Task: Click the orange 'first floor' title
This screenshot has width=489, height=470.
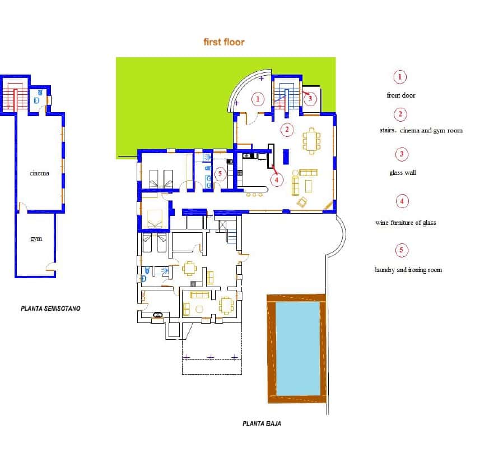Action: click(x=224, y=42)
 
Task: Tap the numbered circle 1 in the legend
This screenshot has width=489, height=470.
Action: click(x=400, y=77)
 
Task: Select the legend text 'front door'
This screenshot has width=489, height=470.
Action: click(x=400, y=95)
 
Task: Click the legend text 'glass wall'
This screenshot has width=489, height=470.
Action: click(x=402, y=173)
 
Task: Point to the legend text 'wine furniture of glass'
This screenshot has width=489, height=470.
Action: click(x=405, y=223)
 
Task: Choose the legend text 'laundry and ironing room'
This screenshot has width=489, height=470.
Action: click(x=408, y=270)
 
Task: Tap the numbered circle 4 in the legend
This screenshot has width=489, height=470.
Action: click(x=402, y=201)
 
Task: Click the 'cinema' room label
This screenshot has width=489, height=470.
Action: click(x=39, y=173)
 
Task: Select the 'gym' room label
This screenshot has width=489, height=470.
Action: click(x=36, y=239)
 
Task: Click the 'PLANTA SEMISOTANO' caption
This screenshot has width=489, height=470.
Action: click(x=50, y=308)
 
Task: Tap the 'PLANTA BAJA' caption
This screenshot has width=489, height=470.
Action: click(x=262, y=424)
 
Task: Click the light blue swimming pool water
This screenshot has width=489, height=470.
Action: click(x=298, y=348)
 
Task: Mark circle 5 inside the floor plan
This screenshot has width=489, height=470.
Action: click(x=220, y=173)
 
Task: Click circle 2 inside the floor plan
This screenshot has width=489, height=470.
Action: click(x=287, y=130)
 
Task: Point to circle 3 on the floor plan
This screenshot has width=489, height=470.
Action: click(x=310, y=99)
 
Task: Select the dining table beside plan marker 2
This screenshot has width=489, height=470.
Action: click(x=310, y=141)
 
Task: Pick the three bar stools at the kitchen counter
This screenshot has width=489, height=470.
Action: click(x=254, y=195)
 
